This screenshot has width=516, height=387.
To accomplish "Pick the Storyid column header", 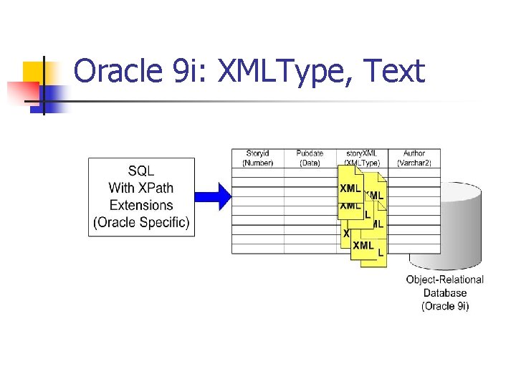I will (257, 153).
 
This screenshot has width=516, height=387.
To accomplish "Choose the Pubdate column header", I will (310, 153).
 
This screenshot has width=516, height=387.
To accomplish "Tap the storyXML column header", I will (362, 153).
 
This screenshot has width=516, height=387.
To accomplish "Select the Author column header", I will (414, 153).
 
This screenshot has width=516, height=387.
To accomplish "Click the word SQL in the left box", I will (140, 171).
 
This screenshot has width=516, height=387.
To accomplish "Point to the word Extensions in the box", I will (140, 206).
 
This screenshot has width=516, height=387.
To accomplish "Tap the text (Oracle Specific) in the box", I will (141, 223).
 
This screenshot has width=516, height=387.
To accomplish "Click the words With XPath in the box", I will (140, 188).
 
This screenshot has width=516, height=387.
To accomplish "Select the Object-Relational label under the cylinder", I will (444, 279).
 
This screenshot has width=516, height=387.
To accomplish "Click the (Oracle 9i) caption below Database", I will (444, 306).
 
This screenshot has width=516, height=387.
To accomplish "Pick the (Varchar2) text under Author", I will (414, 163).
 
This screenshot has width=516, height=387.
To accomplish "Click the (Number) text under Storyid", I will (257, 163).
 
